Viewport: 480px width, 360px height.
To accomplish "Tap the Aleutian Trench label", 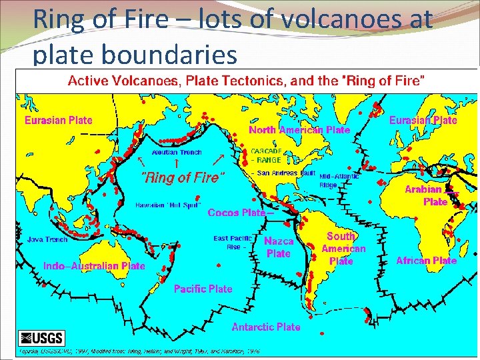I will [x=177, y=153].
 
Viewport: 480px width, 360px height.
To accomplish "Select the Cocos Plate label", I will [x=237, y=213].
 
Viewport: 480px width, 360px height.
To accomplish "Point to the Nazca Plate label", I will [x=279, y=247].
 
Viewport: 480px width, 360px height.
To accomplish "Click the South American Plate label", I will [x=343, y=249].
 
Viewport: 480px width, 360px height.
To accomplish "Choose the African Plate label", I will [x=426, y=261].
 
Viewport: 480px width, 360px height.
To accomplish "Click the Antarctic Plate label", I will [x=265, y=327].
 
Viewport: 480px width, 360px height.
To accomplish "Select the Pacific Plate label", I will [x=203, y=289].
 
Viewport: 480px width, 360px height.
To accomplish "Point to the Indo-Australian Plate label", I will [x=93, y=266].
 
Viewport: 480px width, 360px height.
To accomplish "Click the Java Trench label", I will [x=47, y=239].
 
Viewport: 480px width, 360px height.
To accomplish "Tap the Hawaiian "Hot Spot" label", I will [x=168, y=205].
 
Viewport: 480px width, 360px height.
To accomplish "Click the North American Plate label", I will [x=299, y=130].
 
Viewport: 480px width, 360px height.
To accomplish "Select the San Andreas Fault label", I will [x=285, y=173].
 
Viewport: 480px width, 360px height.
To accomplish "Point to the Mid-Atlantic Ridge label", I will [x=339, y=181].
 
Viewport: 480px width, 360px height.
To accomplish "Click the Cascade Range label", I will [x=266, y=155].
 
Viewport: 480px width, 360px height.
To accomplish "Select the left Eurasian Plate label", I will [x=58, y=121].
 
